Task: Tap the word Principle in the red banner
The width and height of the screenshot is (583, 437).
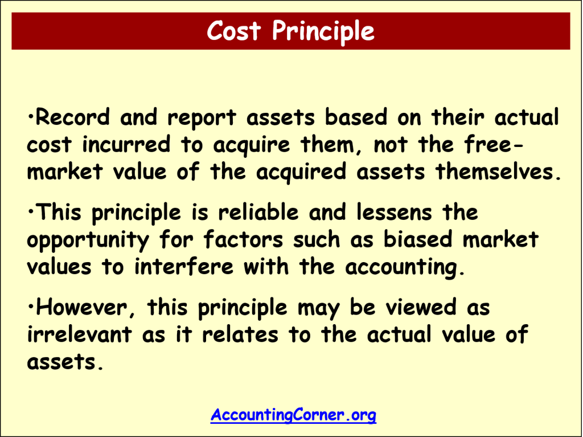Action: tap(323, 31)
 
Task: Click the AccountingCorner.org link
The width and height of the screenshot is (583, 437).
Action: tap(293, 414)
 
